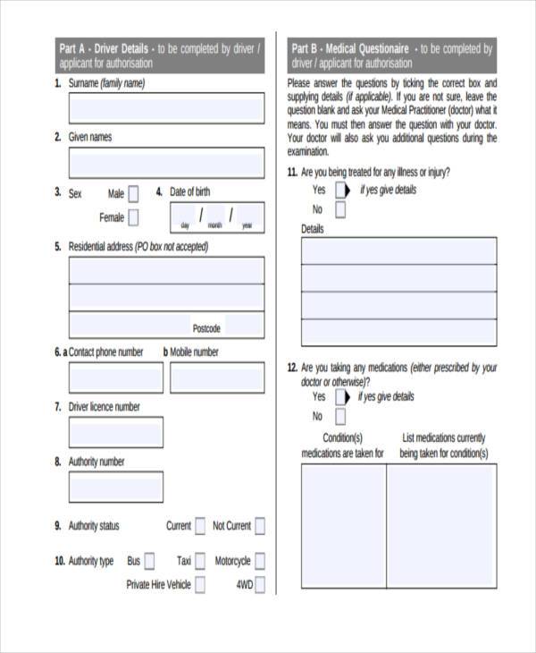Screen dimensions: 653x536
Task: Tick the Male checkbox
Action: (x=133, y=193)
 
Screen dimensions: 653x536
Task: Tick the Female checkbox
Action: (x=133, y=217)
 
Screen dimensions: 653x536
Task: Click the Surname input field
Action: (x=166, y=108)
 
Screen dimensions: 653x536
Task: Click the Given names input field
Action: (x=166, y=163)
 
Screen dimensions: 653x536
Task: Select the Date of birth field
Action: (x=217, y=216)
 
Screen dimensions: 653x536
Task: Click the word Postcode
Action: (x=206, y=328)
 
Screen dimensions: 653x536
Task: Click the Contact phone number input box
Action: (x=115, y=377)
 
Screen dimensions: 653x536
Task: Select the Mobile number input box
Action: (x=217, y=377)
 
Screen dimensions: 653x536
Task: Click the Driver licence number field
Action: (x=115, y=432)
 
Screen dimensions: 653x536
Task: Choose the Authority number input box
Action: (x=115, y=487)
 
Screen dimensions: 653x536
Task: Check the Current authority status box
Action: (x=200, y=526)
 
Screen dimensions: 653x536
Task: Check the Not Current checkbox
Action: (x=259, y=526)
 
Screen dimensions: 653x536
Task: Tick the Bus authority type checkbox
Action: (x=149, y=561)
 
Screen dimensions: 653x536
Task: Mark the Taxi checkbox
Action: (x=200, y=561)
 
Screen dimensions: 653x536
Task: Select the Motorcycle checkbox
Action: (x=259, y=561)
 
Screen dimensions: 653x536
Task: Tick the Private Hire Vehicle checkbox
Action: (x=200, y=585)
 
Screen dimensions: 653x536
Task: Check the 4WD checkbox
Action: (x=259, y=585)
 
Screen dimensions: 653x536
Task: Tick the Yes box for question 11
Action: (x=340, y=191)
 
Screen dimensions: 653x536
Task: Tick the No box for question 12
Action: (x=340, y=417)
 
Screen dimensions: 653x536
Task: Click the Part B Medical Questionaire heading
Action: (x=349, y=48)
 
